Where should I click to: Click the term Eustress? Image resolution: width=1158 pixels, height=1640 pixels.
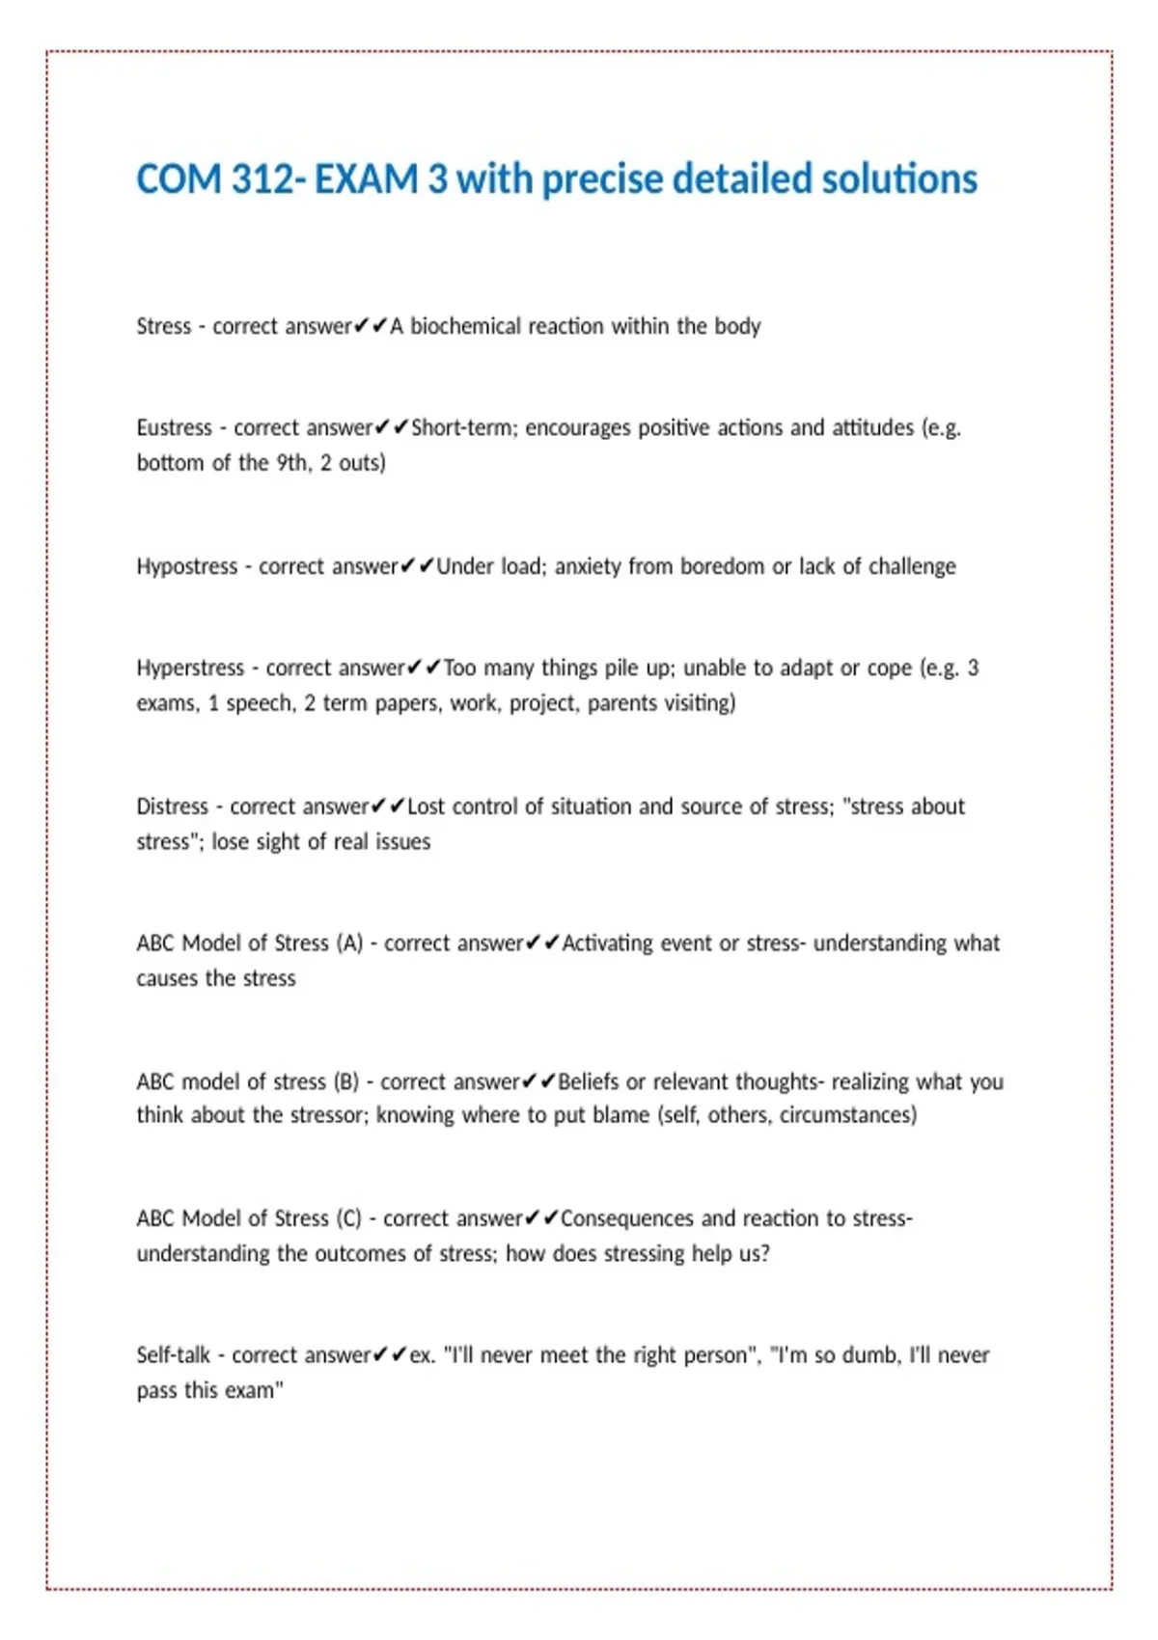tap(174, 427)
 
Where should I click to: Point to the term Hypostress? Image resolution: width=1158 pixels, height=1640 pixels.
tap(186, 566)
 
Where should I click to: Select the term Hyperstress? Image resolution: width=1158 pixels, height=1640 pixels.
tap(190, 668)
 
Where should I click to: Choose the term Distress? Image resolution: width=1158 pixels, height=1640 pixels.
tap(172, 806)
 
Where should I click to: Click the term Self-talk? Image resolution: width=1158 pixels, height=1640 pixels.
tap(173, 1355)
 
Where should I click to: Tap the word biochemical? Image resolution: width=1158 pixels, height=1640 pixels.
tap(466, 326)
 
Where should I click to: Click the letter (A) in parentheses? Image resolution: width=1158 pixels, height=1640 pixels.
tap(349, 943)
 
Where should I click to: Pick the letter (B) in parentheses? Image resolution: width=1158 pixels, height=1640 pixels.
tap(345, 1082)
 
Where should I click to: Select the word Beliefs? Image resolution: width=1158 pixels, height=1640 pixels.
tap(588, 1082)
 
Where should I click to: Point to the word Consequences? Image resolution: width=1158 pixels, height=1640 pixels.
tap(626, 1219)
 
